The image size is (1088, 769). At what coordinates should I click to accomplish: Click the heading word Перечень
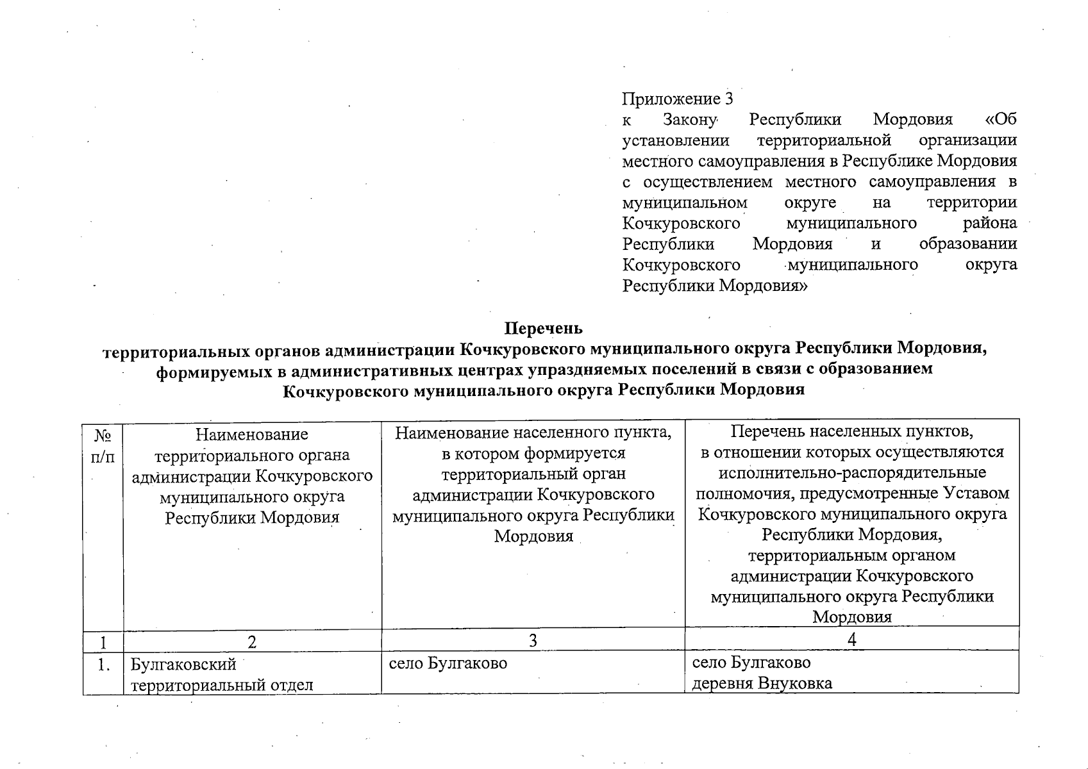544,329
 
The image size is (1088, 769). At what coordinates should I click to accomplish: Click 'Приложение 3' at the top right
677,99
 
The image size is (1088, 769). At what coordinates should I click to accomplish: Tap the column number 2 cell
252,641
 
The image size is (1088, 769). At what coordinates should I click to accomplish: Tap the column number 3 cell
533,641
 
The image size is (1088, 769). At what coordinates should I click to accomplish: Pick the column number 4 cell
852,640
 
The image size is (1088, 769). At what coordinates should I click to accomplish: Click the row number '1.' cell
103,665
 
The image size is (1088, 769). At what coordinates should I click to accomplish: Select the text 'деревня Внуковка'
762,683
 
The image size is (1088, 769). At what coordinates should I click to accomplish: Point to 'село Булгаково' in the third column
448,663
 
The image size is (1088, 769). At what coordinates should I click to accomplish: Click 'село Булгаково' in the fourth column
751,662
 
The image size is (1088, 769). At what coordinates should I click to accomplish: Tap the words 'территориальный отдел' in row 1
222,685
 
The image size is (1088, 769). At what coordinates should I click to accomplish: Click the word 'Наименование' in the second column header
251,434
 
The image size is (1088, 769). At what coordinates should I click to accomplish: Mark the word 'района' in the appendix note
990,223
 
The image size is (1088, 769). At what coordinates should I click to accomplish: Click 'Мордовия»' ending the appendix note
763,285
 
